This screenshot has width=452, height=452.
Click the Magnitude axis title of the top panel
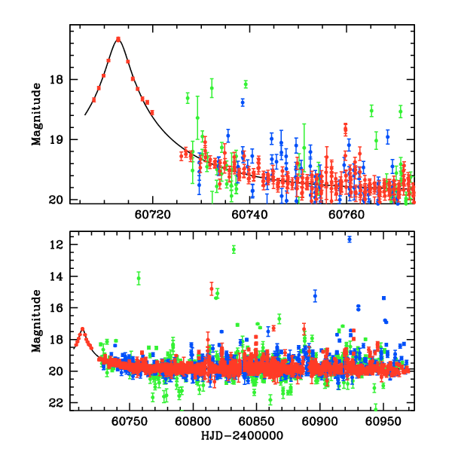[x=35, y=114]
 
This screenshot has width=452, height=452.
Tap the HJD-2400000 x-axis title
[x=242, y=435]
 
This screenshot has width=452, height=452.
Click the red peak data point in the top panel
[x=118, y=38]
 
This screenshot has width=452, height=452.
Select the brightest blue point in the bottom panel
[x=350, y=240]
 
